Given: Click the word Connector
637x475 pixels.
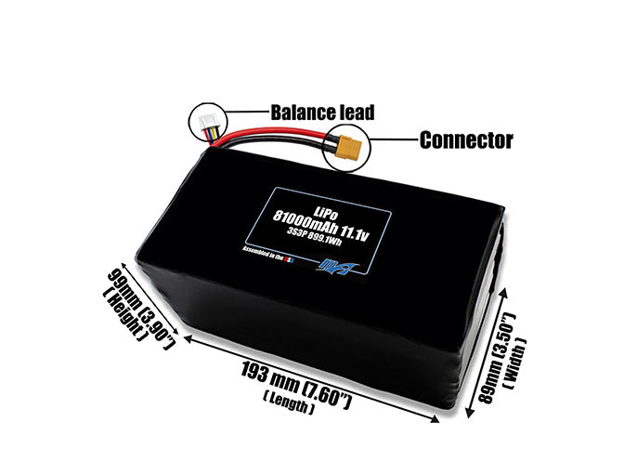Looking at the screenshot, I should pyautogui.click(x=465, y=140).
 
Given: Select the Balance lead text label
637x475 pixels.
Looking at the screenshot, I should pyautogui.click(x=322, y=112).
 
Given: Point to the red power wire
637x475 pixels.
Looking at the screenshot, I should pyautogui.click(x=279, y=141).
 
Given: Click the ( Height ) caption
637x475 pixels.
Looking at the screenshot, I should pyautogui.click(x=124, y=315).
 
